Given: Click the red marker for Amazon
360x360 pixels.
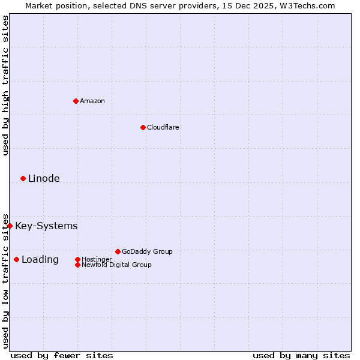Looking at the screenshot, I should [76, 101].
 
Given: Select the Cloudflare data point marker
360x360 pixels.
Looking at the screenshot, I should [143, 127].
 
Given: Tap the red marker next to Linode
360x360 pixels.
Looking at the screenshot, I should [23, 178].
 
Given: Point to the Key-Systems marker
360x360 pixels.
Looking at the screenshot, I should [10, 226].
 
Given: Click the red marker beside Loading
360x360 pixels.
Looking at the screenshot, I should [16, 259].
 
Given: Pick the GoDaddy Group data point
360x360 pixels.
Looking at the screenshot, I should [118, 251].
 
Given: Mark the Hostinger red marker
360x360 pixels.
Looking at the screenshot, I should [77, 259].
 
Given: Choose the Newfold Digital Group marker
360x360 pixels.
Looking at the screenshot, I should [77, 265].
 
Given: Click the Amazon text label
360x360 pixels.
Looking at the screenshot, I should [92, 101].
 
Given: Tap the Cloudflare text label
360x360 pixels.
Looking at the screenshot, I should [163, 127].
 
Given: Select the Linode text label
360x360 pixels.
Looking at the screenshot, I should [44, 178].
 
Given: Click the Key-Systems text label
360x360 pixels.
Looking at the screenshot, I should [46, 226].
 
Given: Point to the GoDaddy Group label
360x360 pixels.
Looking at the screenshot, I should [147, 251].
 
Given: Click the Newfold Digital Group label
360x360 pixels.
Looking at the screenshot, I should [116, 265].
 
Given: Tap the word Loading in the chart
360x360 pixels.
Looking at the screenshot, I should [40, 259].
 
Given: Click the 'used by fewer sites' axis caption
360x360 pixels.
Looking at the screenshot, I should [62, 355].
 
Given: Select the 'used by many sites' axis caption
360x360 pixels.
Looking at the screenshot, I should [301, 355].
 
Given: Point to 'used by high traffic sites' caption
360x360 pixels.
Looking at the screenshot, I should [5, 85].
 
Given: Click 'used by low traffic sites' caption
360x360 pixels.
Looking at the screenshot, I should [5, 280].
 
